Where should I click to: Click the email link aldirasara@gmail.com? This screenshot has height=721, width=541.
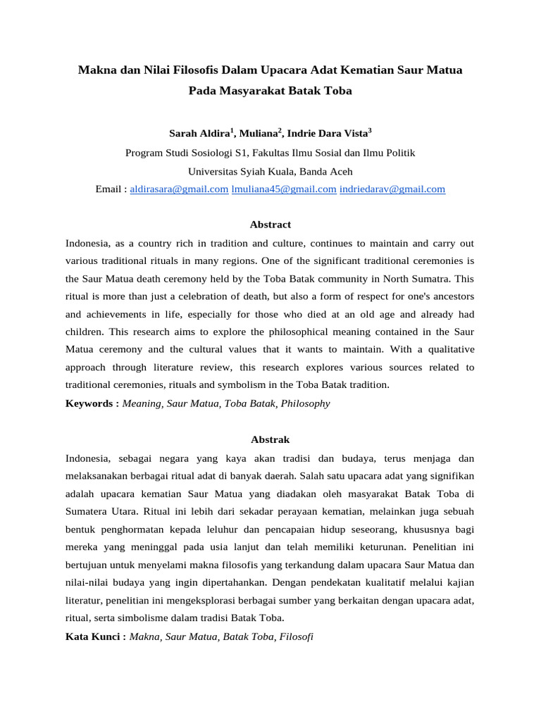tap(180, 189)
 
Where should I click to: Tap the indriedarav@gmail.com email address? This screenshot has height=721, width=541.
tap(392, 189)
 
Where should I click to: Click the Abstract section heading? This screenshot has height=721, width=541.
tap(270, 225)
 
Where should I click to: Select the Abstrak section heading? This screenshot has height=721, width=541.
tap(270, 439)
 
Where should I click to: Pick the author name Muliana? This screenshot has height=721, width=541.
tap(259, 133)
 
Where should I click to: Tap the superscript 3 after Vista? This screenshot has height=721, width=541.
tap(370, 130)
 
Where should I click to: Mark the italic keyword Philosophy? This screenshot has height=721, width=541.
tap(305, 404)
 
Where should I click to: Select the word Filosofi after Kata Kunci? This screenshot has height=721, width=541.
tap(297, 637)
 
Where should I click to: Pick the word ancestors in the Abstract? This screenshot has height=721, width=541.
tap(450, 296)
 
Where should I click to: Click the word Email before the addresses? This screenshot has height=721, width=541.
tap(108, 189)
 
